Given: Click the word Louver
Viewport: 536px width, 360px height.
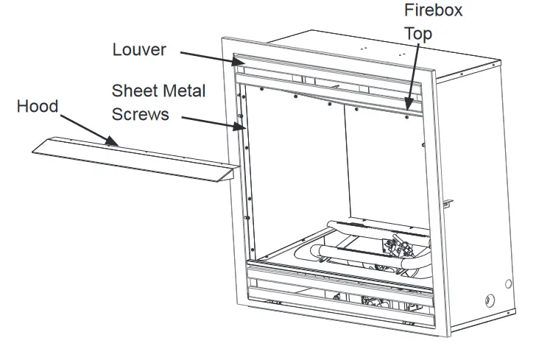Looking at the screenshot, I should pyautogui.click(x=140, y=50).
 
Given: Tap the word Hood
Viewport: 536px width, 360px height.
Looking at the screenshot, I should pyautogui.click(x=37, y=107).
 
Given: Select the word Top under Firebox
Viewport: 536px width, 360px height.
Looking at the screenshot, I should pyautogui.click(x=417, y=34).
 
